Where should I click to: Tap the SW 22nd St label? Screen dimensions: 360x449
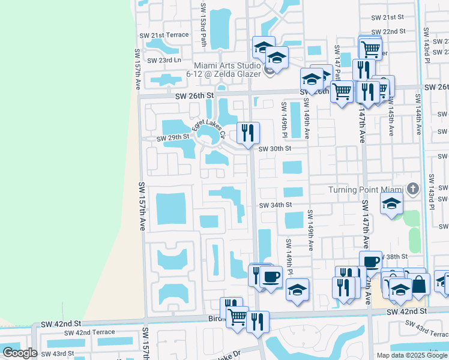389,31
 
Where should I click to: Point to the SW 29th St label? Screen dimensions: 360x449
173,137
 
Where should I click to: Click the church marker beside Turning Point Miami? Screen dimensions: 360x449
412,189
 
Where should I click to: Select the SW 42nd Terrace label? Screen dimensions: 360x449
89,332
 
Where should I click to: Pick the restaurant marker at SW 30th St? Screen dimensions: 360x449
248,133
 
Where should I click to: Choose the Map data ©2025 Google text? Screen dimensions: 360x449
412,355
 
